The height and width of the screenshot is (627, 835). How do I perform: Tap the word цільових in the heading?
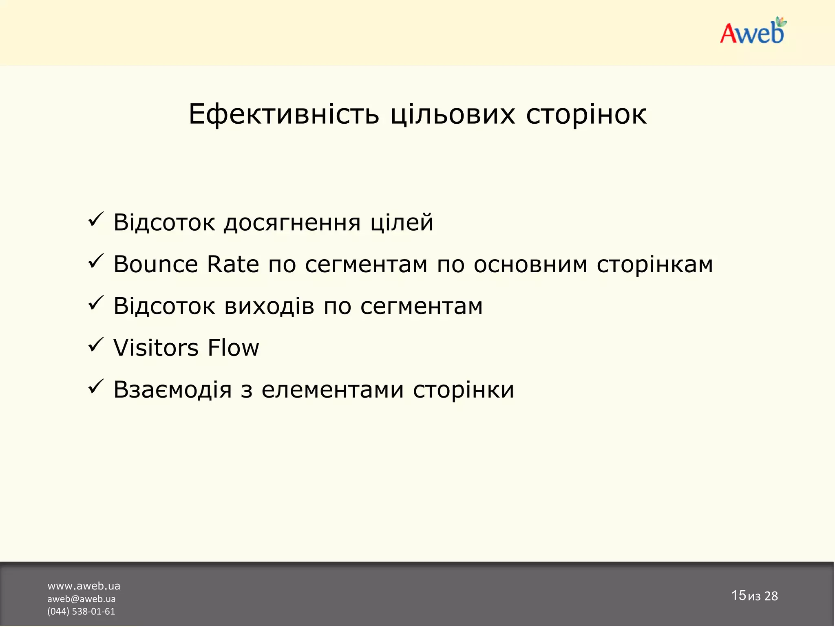coord(453,114)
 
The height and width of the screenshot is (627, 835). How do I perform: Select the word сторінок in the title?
coord(586,114)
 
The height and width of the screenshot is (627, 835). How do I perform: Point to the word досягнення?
coord(292,223)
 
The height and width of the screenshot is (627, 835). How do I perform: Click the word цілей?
coord(402,223)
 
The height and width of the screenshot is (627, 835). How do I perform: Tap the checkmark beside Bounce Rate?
coord(96,262)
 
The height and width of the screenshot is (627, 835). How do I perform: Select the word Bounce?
coord(155,265)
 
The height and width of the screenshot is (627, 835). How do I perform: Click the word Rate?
coord(233,265)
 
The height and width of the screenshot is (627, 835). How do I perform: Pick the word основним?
coord(530,265)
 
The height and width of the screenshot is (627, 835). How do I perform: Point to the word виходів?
coord(269,306)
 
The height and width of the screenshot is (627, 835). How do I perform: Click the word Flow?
coord(233,348)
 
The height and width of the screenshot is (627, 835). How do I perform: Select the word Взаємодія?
coord(172,390)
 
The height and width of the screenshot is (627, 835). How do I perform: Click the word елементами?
coord(333,390)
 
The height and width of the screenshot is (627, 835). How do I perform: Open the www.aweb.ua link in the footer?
coord(84,586)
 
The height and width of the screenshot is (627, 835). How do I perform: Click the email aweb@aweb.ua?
coord(81,599)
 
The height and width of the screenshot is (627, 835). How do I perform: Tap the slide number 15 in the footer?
coord(738,595)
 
